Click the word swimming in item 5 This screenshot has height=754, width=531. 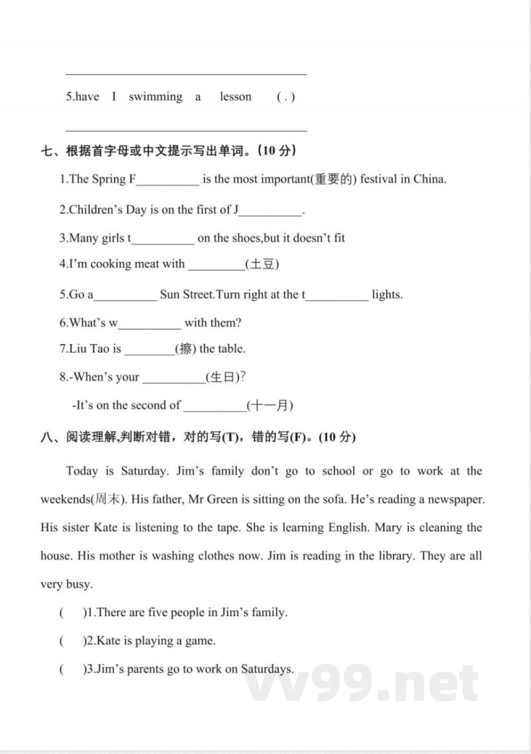click(155, 97)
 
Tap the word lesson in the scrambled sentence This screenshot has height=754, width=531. click(236, 97)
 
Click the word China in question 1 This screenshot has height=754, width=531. click(429, 179)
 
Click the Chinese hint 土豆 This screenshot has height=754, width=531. click(262, 264)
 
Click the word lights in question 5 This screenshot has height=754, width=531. click(387, 294)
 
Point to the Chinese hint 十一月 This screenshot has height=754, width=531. click(269, 405)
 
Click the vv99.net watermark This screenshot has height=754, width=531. click(362, 683)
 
